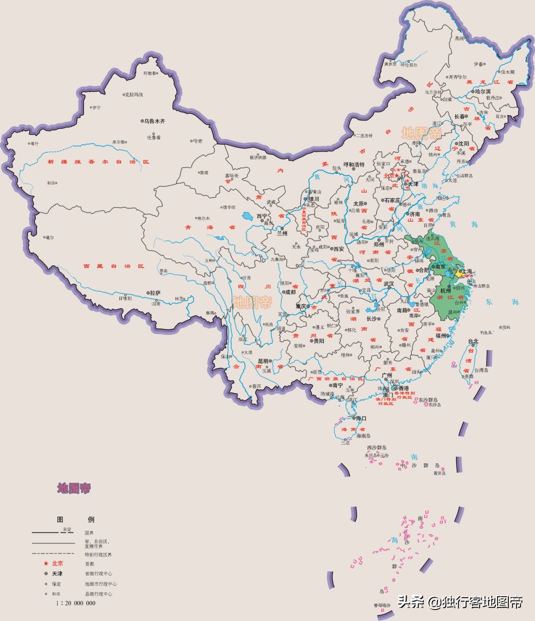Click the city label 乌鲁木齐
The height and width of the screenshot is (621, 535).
[154, 121]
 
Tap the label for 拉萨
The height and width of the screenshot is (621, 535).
[155, 293]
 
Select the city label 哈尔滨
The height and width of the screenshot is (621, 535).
[483, 92]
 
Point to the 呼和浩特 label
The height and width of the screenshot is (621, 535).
[354, 165]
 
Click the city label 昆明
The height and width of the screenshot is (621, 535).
[263, 361]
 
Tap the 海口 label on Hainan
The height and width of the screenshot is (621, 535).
[361, 418]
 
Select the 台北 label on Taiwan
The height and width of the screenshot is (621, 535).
[473, 341]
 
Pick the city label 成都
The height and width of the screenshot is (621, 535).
[290, 292]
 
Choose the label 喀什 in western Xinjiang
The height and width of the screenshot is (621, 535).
[35, 144]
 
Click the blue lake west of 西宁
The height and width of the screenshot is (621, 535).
[247, 217]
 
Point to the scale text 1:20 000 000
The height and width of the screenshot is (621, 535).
[76, 603]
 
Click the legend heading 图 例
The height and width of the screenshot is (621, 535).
[76, 520]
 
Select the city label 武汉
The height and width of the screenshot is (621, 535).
[389, 284]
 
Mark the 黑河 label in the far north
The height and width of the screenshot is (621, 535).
[459, 38]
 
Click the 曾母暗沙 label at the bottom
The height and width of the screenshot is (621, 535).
[382, 605]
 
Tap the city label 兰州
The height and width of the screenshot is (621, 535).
[282, 233]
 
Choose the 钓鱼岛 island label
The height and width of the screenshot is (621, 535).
[486, 332]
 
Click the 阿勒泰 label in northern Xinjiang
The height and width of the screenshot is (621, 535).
[149, 73]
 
